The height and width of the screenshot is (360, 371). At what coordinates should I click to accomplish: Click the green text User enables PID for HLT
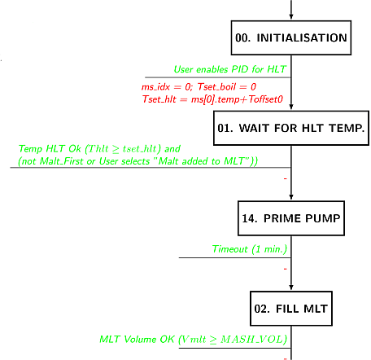pos(229,69)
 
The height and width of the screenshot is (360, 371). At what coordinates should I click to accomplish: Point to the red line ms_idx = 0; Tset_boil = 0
pos(199,87)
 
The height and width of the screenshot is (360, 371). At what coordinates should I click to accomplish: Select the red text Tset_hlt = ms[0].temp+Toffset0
pos(212,99)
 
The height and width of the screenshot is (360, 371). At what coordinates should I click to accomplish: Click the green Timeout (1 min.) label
pos(250,249)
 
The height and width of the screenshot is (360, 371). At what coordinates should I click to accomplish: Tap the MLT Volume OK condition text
pos(193,340)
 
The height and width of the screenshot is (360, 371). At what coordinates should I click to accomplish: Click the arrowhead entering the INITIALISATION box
pos(291,17)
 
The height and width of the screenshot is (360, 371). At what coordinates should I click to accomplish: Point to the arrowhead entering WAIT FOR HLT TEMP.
pos(291,107)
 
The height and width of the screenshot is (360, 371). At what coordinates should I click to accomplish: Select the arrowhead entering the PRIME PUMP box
pos(291,197)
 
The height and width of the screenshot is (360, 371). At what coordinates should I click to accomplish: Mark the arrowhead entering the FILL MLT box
pos(291,288)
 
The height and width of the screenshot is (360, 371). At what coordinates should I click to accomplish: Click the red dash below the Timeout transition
pos(285,269)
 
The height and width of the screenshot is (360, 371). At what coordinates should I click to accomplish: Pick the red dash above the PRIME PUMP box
pos(285,178)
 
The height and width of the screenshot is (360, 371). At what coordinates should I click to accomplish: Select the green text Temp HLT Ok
pos(50,149)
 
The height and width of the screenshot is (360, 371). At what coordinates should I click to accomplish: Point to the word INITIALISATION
pos(302,37)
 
